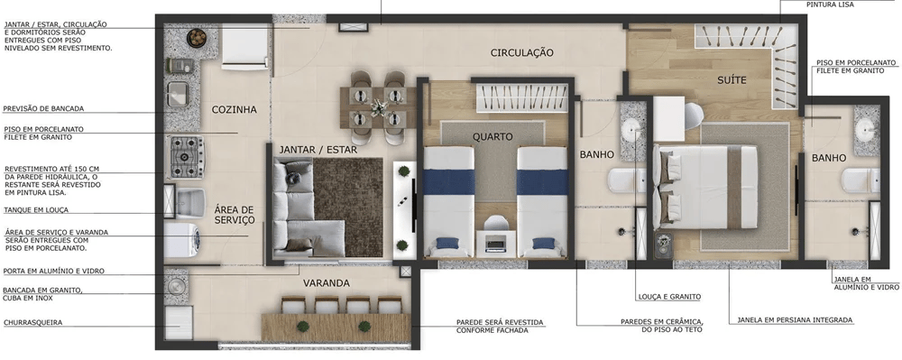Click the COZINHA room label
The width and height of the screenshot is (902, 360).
coord(234,110)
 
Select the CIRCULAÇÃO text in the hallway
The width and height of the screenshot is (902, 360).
coord(521,53)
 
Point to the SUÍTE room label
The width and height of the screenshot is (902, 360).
coord(732,80)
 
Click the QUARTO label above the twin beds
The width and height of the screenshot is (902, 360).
coord(492,137)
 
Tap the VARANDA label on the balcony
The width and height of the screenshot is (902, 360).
coord(326,283)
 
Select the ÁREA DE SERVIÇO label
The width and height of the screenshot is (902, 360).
coord(235,215)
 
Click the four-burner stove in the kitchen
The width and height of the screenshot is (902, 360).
coord(187,154)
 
